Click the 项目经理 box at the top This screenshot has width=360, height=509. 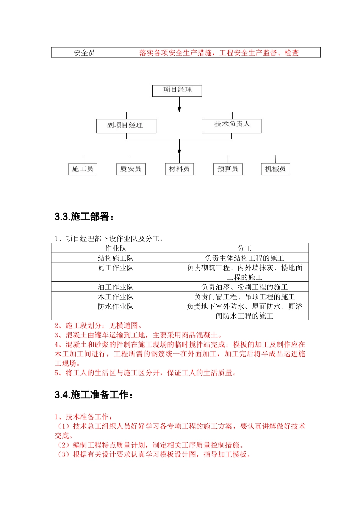click(177, 91)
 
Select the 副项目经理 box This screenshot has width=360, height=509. click(126, 126)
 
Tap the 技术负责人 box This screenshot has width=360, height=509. click(232, 126)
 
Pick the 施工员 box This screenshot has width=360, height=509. click(83, 169)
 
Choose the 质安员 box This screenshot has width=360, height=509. click(131, 169)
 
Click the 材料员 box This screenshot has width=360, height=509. click(179, 169)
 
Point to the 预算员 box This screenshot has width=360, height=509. click(228, 169)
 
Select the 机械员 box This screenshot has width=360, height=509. click(275, 169)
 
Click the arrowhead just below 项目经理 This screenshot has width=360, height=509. click(180, 109)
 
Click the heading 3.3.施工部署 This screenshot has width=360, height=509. click(84, 217)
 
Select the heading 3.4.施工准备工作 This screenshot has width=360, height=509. click(94, 395)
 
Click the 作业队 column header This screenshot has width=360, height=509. click(116, 248)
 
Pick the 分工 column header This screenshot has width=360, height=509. click(244, 248)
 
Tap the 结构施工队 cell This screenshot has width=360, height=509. click(116, 258)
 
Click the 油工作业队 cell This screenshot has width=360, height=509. click(116, 287)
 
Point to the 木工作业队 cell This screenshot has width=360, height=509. click(116, 297)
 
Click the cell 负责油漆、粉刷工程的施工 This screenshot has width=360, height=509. click(244, 287)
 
